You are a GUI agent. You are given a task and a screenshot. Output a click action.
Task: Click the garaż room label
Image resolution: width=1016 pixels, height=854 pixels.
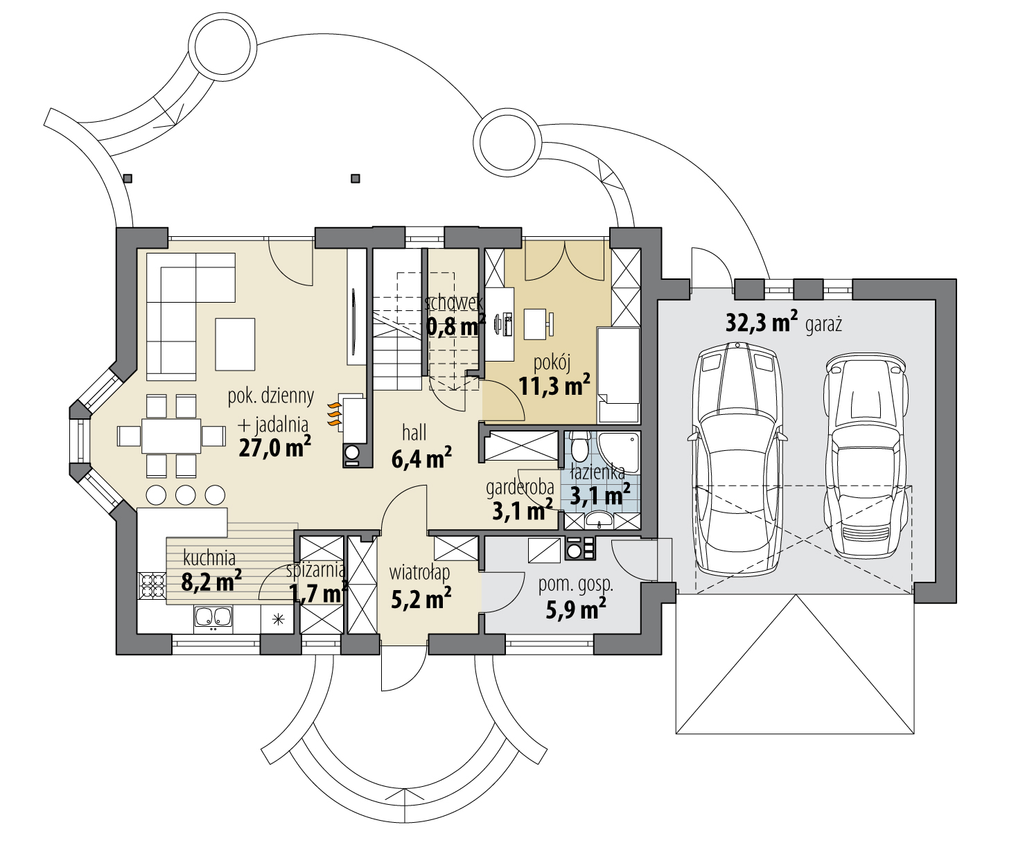point(823,325)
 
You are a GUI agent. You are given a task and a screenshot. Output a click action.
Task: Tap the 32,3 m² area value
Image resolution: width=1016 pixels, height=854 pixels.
point(762,321)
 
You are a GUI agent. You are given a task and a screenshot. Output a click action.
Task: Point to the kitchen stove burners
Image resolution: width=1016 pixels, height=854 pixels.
point(152,585)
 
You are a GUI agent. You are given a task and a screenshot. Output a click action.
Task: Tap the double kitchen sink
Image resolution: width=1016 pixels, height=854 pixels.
point(213,616)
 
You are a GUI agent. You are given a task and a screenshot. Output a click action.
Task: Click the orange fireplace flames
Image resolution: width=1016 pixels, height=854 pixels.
point(334,414)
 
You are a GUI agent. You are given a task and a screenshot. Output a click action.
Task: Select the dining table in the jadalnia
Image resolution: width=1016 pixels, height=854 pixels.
point(170,436)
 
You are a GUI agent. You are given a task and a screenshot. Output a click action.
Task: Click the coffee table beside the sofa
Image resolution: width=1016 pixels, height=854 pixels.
point(235,344)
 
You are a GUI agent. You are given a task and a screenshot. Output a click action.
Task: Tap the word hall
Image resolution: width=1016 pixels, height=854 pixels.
point(414,432)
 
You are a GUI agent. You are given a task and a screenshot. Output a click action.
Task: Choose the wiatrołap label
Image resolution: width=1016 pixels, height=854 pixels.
point(419,573)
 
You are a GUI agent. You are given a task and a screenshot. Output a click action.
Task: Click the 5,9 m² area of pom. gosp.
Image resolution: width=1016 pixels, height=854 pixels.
point(576,608)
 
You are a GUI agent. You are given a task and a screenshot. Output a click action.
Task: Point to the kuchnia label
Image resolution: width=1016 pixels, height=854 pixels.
point(209,558)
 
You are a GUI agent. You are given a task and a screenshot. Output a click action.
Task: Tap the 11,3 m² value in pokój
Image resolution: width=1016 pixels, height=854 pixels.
point(554,384)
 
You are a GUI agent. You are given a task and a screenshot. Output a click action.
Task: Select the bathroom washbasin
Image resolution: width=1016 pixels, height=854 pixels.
point(599,521)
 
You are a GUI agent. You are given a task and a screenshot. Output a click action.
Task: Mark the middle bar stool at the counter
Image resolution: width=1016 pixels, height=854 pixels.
point(186,495)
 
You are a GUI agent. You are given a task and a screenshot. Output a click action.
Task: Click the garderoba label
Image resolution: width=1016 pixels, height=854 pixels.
point(520,488)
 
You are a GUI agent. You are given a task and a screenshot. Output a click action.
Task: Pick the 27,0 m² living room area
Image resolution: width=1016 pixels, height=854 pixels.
point(275,446)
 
